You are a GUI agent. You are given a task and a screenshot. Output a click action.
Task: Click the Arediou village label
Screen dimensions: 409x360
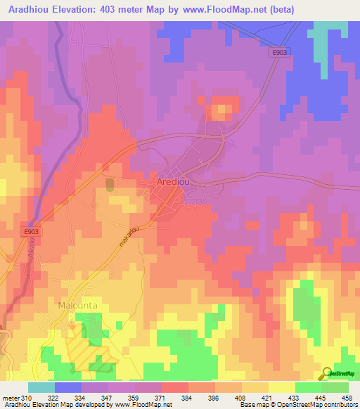tap(175, 183)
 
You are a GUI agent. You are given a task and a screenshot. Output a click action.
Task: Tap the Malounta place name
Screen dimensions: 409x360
tap(75, 306)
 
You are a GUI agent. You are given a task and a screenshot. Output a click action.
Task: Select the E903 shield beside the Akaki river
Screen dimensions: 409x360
tap(29, 231)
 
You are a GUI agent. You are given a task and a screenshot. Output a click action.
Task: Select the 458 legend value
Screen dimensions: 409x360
tap(347, 398)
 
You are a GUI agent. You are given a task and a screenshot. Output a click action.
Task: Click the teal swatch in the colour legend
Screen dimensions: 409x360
tap(41, 387)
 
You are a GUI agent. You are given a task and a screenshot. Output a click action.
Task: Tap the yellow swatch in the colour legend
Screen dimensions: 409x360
tap(282, 387)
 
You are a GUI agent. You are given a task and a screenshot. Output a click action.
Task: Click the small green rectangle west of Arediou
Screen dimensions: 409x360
tap(110, 184)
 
